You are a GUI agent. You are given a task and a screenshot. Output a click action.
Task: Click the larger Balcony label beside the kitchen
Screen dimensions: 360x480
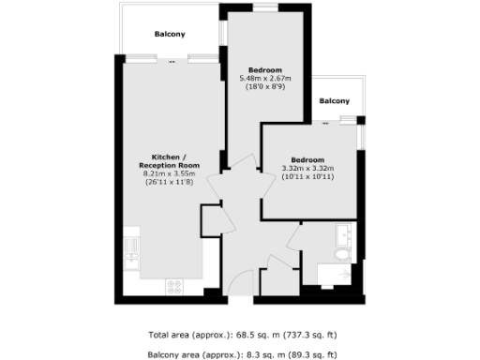[x=170, y=35]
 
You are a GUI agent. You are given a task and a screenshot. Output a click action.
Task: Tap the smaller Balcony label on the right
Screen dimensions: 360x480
[x=334, y=101]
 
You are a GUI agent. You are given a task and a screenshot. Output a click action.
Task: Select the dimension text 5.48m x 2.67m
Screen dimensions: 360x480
[x=267, y=78]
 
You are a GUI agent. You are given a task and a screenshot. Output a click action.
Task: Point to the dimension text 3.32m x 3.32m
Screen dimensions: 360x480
[x=308, y=168]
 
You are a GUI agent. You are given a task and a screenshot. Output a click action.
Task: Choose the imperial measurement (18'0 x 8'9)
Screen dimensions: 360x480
[x=267, y=86]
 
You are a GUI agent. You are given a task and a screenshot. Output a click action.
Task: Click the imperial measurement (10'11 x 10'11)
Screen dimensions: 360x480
[x=308, y=176]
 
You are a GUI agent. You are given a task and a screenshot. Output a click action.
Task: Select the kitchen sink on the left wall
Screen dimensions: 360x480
[x=130, y=248]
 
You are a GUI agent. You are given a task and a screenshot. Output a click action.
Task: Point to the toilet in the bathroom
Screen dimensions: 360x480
[x=340, y=253]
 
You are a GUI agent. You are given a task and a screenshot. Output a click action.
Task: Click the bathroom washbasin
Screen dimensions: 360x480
[x=343, y=232]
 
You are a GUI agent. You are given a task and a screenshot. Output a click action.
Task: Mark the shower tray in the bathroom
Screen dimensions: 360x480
[x=333, y=275]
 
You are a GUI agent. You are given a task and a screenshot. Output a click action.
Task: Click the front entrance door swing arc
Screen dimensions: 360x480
[x=242, y=281]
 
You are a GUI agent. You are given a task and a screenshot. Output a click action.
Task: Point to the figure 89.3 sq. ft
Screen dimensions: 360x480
[x=313, y=354]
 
